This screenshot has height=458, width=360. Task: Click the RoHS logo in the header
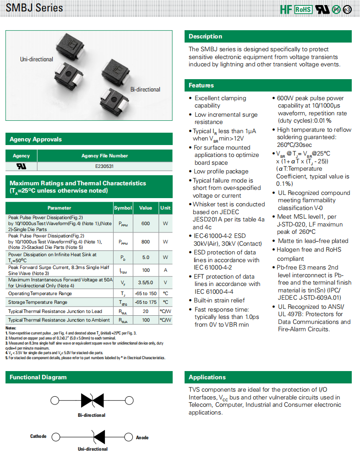(303, 9)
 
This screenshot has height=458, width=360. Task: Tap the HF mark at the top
(286, 9)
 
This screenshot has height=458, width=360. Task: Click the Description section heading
(205, 37)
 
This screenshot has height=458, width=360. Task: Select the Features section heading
(202, 85)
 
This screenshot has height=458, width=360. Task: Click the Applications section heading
(207, 377)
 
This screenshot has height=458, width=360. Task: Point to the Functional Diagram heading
(38, 377)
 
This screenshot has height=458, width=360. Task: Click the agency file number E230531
(104, 167)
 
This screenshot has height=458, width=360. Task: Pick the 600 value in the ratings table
(146, 223)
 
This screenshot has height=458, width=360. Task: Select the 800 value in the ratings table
(146, 241)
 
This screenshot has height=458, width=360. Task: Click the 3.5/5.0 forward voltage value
(146, 282)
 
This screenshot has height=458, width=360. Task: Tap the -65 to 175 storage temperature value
(146, 302)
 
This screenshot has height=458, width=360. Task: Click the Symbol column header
(123, 208)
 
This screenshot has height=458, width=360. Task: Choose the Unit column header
(165, 208)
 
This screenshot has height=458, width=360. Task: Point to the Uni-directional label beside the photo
(36, 59)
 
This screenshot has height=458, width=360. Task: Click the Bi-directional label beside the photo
(145, 90)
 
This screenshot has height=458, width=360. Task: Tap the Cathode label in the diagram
(38, 436)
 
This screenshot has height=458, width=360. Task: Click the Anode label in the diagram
(142, 437)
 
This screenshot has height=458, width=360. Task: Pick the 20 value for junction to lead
(146, 311)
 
